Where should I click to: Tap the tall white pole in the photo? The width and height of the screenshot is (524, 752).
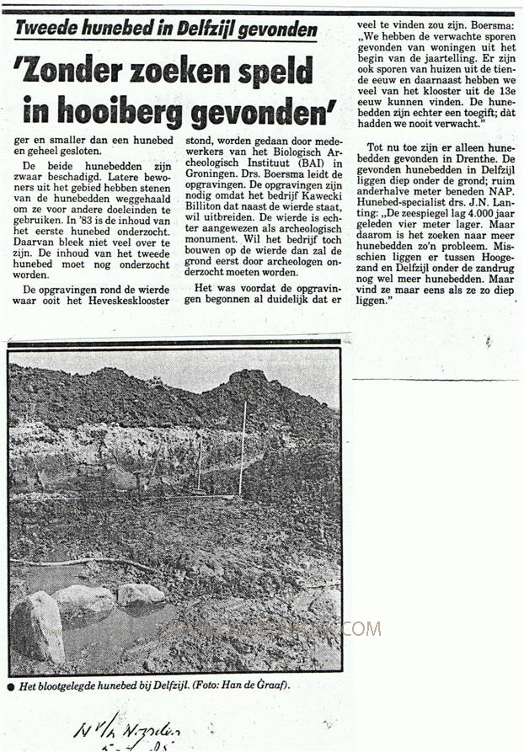pos(242,446)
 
